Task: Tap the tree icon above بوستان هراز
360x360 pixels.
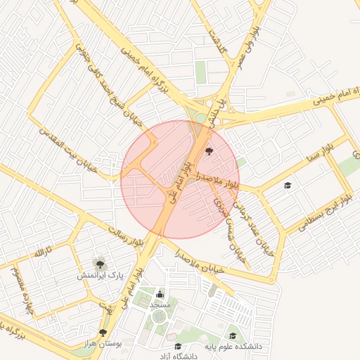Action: pyautogui.click(x=103, y=332)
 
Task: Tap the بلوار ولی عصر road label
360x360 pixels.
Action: pyautogui.click(x=250, y=44)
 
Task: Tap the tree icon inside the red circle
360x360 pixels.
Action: pyautogui.click(x=208, y=150)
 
